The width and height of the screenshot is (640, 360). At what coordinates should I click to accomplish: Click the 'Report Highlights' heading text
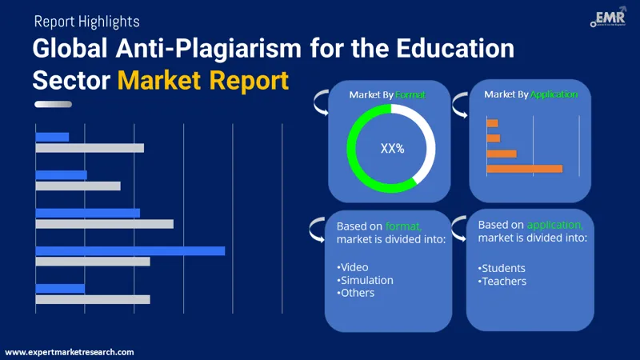[x=86, y=22]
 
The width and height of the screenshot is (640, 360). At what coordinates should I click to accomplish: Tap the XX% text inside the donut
[x=392, y=148]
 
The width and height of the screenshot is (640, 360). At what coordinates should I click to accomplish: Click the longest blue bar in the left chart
[x=130, y=250]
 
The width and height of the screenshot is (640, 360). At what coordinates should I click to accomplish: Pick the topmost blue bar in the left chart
[x=52, y=137]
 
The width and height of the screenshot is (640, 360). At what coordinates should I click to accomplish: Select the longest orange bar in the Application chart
[x=524, y=168]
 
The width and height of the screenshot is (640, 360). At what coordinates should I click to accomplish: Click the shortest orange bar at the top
[x=492, y=123]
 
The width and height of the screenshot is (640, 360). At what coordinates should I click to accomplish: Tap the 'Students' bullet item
[x=503, y=267]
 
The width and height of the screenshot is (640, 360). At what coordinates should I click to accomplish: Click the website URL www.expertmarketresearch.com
[x=70, y=352]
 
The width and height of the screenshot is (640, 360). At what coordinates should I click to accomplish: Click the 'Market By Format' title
[x=387, y=95]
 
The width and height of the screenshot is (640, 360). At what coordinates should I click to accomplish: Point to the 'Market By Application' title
[x=530, y=94]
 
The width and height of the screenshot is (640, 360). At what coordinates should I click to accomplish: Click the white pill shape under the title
[x=58, y=104]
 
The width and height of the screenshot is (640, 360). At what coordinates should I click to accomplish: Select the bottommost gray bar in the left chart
[x=93, y=299]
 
